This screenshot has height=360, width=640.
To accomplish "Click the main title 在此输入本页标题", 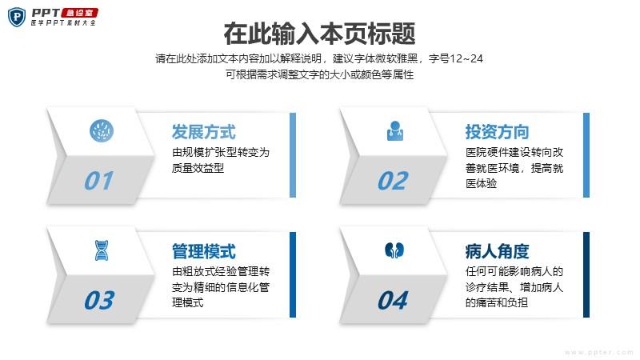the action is [319, 34].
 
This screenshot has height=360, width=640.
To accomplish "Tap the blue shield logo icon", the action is [17, 17].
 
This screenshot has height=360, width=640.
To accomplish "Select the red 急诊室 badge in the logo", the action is [79, 13].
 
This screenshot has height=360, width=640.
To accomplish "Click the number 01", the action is [98, 181].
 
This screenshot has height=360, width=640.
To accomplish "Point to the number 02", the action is [393, 181].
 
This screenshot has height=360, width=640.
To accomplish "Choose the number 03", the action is [99, 300].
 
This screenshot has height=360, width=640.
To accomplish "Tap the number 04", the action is [393, 300].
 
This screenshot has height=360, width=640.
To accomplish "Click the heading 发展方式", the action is [204, 132].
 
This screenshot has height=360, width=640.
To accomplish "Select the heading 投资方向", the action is [497, 132].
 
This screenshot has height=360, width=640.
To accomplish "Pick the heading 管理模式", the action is [204, 251].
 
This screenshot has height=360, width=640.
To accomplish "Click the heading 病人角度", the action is [497, 251].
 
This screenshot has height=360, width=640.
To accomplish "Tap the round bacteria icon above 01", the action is [102, 131].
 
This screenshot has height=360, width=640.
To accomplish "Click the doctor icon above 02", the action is [395, 131].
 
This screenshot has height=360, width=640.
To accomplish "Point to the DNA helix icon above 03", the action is [102, 250].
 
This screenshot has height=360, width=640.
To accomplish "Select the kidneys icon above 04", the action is [394, 250].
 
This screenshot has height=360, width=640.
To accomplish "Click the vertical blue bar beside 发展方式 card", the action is [293, 155].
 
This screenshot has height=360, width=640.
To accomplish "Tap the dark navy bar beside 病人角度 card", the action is [586, 274].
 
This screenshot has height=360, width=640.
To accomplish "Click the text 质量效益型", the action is [198, 168].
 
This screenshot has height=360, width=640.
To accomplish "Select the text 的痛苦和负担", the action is [497, 302].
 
